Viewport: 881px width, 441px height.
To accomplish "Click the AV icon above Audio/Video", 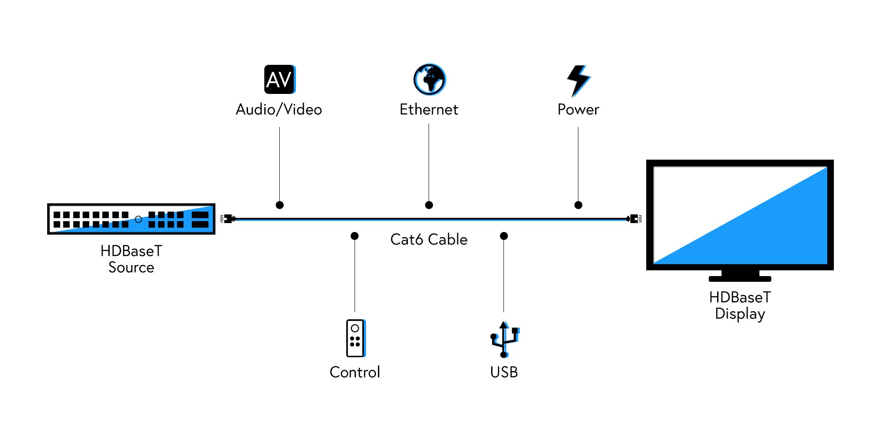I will pos(280,79).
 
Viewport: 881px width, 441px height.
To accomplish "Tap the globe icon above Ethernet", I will pos(429,79).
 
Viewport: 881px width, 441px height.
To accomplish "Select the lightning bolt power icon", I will pos(578,80).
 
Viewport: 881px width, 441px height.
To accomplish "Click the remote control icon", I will pos(355,338).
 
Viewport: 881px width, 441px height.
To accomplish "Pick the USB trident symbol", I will pos(504,340).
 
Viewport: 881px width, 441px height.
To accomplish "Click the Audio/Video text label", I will pos(279,109).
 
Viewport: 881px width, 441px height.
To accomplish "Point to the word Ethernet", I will pos(429,109).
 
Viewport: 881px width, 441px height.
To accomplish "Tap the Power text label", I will pos(578,109).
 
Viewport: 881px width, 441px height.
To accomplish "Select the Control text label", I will pos(355,372).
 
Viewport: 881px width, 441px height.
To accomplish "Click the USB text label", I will pos(504,372).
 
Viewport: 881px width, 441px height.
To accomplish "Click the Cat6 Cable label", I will pos(429,239).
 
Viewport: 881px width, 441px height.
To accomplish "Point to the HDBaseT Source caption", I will pos(131,259).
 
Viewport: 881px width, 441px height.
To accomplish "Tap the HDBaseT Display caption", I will pos(740,305).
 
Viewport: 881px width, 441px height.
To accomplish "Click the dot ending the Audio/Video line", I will pos(280,205).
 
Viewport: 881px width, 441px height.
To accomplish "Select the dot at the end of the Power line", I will pos(578,205).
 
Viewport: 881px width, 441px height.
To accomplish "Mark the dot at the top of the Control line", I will pos(355,236).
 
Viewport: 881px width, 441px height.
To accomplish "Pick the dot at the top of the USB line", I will pos(504,236).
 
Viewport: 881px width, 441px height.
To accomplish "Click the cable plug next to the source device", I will pos(227,219).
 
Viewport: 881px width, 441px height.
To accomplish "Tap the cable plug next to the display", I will pos(634,219).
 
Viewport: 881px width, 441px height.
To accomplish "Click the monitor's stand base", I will pos(740,279).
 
